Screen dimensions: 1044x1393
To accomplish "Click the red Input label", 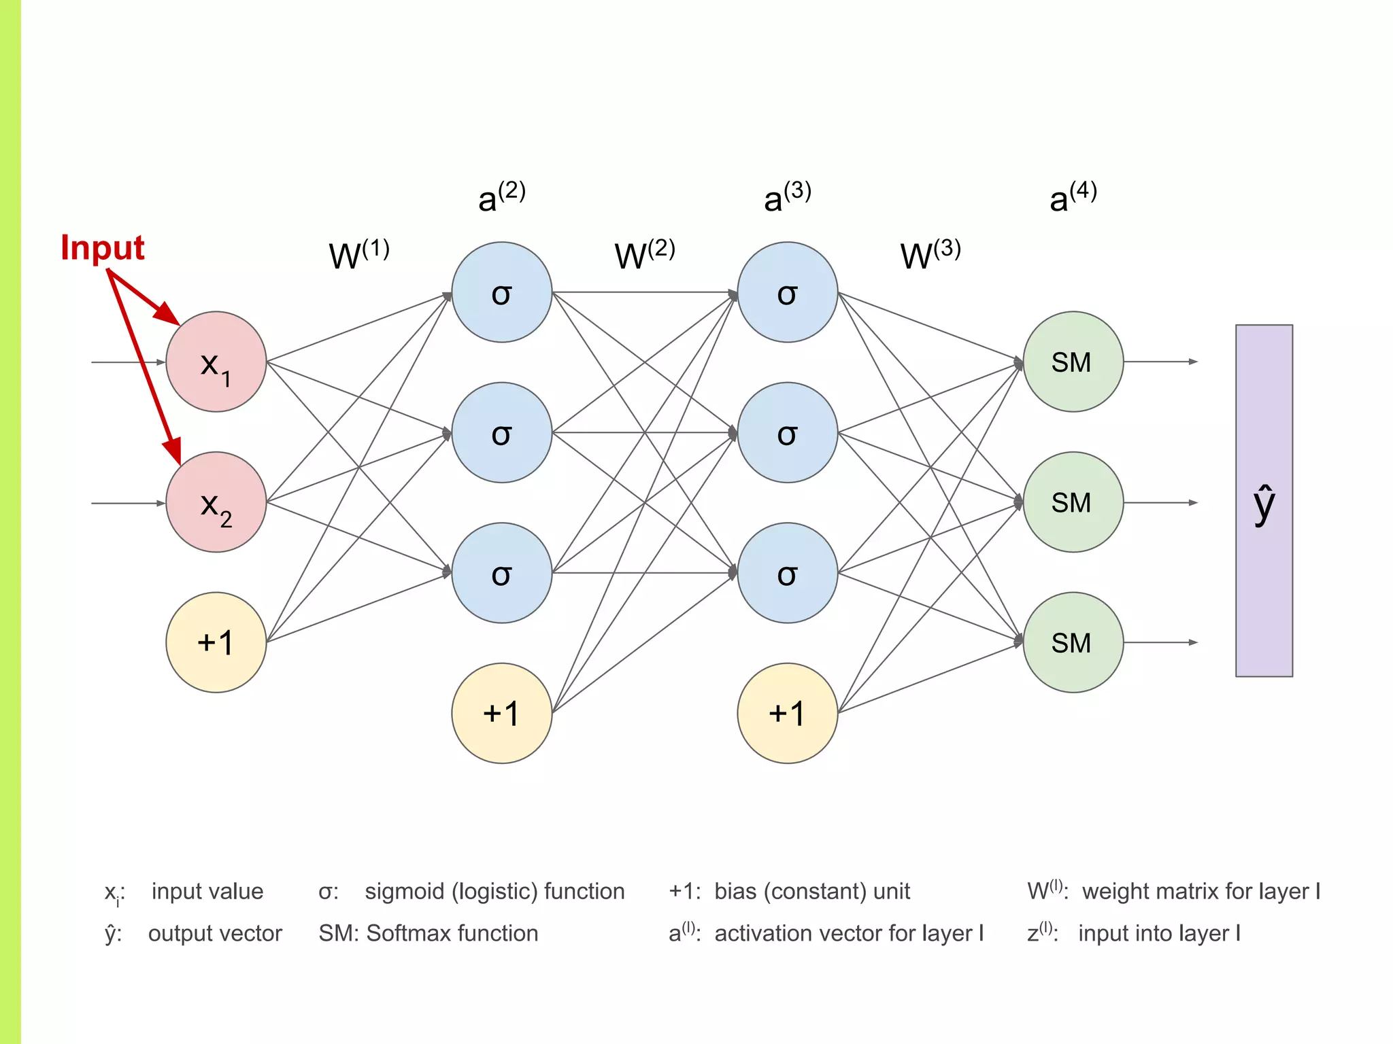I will (103, 248).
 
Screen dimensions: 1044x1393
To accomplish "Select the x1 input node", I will (216, 362).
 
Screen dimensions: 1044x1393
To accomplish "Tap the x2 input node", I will (216, 502).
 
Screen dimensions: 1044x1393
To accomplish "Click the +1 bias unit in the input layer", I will (216, 642).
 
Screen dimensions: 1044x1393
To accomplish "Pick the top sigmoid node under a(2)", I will (501, 292).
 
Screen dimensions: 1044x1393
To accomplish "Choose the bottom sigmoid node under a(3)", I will (787, 573).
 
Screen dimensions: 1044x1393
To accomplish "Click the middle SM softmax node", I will (1073, 502).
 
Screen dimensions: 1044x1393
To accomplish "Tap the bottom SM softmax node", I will (1073, 642).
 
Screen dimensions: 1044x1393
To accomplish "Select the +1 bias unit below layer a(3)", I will (787, 713).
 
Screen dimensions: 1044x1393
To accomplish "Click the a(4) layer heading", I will (1073, 198).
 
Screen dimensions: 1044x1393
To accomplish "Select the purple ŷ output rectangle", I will (1264, 501).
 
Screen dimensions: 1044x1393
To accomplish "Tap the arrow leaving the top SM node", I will (1160, 362).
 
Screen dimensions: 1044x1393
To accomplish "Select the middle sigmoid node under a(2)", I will (501, 432).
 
